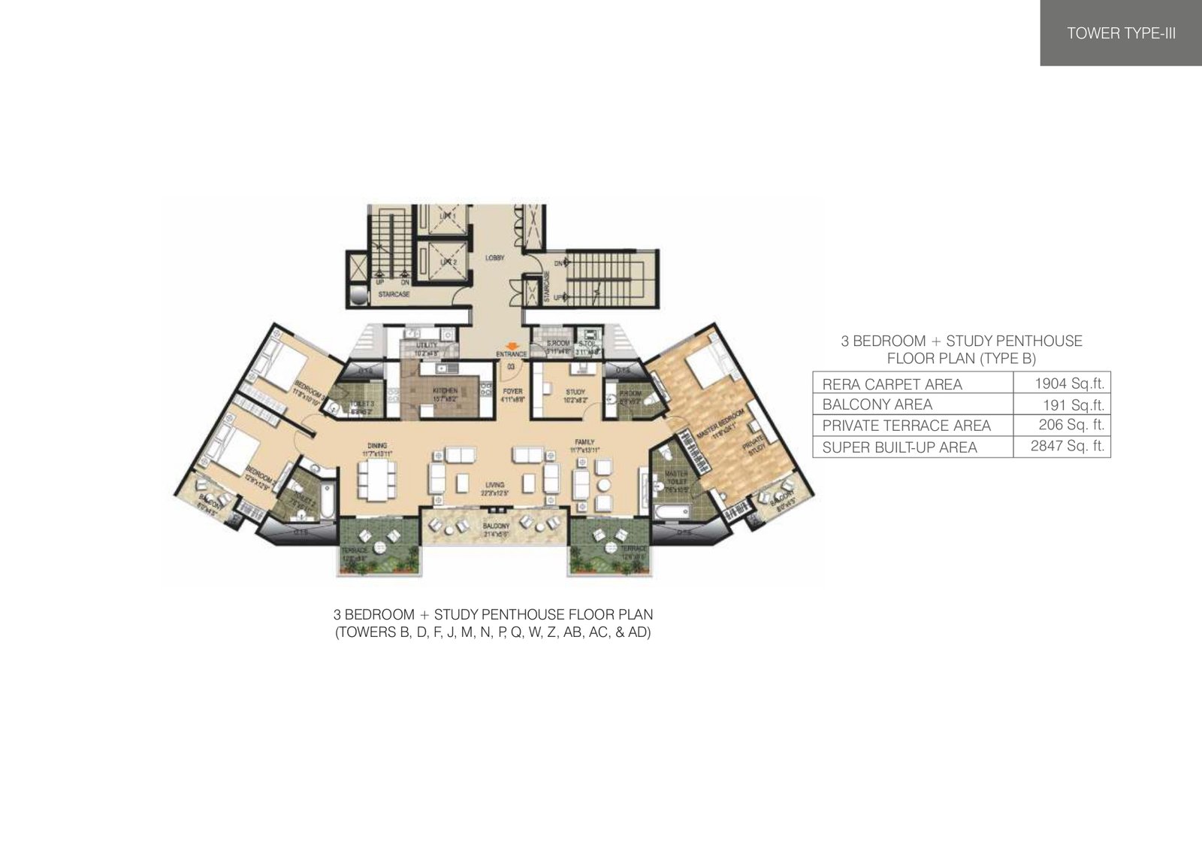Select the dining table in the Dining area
pos(377,479)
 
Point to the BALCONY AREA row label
pos(877,405)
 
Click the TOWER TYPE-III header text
pos(1121,33)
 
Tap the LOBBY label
pos(494,258)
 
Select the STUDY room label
pos(576,392)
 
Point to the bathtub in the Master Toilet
pos(671,512)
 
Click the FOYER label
pos(512,392)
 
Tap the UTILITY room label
pos(426,345)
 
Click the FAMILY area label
pos(585,442)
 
